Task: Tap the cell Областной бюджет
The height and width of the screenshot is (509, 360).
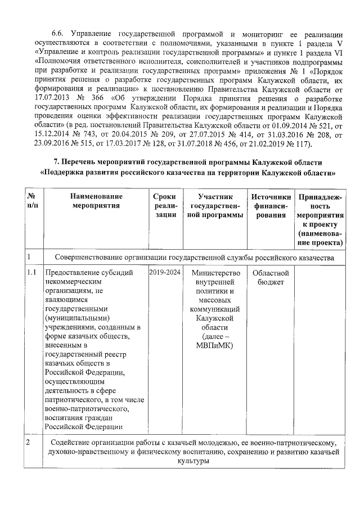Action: [x=271, y=277]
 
